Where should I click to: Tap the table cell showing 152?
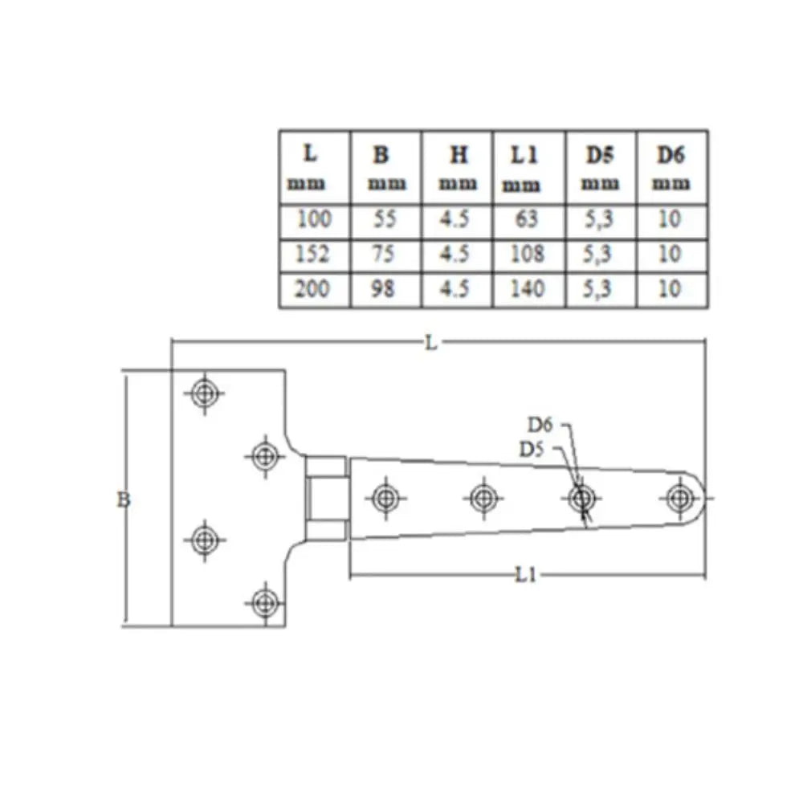(x=312, y=254)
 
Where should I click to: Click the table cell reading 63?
(x=527, y=219)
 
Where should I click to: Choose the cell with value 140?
(x=528, y=289)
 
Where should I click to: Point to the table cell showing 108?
(x=528, y=254)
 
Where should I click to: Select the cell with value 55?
(x=385, y=219)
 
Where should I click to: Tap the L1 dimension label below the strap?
(x=525, y=575)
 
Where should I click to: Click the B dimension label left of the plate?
(x=124, y=499)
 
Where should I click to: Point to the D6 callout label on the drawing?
(x=540, y=425)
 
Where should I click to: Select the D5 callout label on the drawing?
(x=532, y=450)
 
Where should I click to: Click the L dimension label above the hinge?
(x=430, y=343)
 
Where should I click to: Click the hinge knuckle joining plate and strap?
(x=326, y=499)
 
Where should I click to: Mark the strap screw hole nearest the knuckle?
(x=385, y=498)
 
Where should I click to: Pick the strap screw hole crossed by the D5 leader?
(x=582, y=498)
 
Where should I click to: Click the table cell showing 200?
(x=312, y=289)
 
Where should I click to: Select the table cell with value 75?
(x=383, y=254)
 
